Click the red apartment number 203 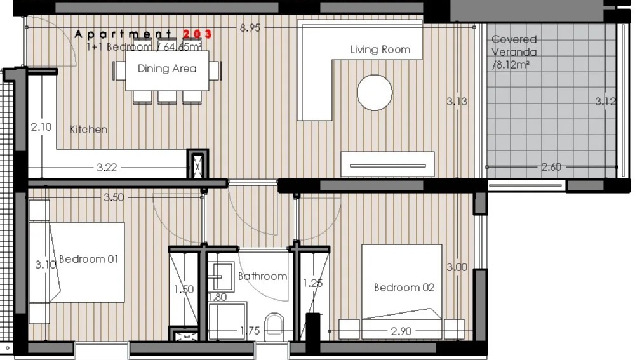coord(197,34)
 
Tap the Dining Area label coord(167,69)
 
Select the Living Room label coord(380,50)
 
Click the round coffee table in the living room coord(375,92)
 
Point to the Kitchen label coord(89,129)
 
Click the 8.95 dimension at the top coord(250,27)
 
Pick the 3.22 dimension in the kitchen coord(107,167)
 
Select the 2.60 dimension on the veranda coord(551,167)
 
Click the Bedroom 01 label coord(89,259)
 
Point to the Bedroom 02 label coord(404,288)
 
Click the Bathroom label coord(262,276)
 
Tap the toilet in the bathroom coord(274,327)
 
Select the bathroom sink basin coord(221,277)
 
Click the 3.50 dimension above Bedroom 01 coord(114,197)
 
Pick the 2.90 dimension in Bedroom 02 coord(401,331)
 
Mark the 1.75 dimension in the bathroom coord(250,331)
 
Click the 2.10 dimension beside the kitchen coord(41,127)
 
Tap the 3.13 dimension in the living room coord(457,101)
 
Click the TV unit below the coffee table coord(387,164)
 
